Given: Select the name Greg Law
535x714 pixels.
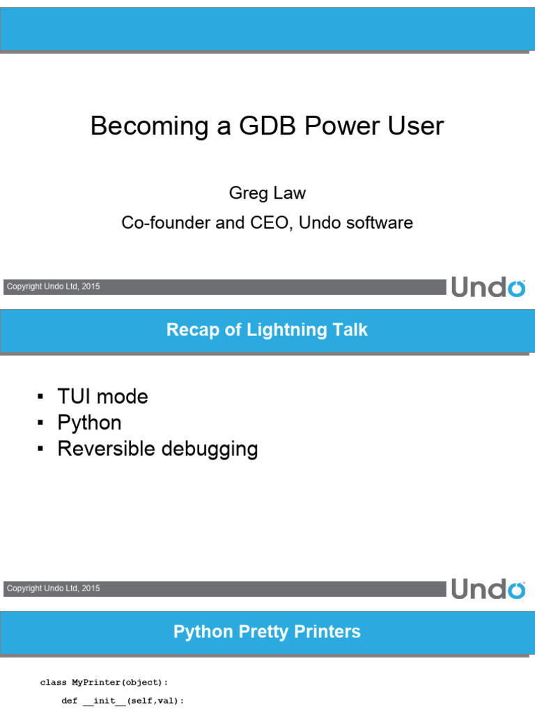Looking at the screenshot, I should [x=267, y=192].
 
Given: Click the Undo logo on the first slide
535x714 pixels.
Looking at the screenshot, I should [x=488, y=287].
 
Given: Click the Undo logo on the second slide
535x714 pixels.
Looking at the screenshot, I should [x=488, y=588].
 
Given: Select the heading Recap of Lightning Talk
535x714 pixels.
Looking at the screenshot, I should [x=267, y=330].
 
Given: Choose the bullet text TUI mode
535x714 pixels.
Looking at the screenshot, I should [x=102, y=397].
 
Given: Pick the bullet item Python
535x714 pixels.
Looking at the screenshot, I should [x=89, y=423].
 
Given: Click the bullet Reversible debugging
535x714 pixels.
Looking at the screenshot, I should [x=157, y=448].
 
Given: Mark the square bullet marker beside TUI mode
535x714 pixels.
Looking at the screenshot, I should [x=40, y=397].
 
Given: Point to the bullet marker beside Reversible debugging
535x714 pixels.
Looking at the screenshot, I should [x=40, y=449].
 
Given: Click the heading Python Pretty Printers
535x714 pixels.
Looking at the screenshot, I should [x=267, y=632].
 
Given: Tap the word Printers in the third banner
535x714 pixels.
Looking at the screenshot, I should [x=327, y=632].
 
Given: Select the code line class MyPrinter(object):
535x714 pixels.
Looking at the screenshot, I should [x=104, y=683].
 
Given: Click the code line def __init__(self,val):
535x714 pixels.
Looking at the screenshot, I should [x=123, y=701].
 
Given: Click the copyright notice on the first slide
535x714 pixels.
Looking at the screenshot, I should [x=53, y=287].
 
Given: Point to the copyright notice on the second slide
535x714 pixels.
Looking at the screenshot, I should [x=53, y=588].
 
